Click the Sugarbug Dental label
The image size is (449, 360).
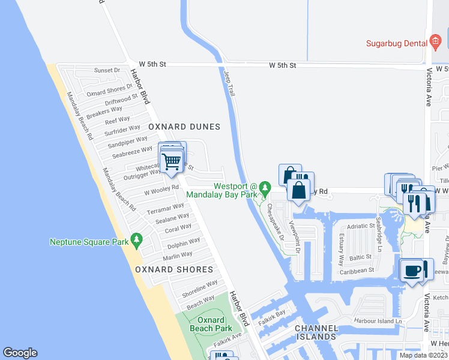click(396, 43)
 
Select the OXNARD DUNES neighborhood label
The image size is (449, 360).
click(184, 127)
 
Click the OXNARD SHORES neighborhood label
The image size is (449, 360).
click(174, 269)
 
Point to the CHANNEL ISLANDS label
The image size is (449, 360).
click(316, 332)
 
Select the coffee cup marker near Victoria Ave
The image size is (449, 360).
click(413, 271)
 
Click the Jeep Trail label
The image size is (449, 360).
click(229, 82)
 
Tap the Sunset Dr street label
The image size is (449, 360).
click(107, 70)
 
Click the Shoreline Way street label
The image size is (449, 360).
click(200, 287)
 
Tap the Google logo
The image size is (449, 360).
click(20, 353)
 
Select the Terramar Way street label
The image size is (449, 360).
click(166, 210)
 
